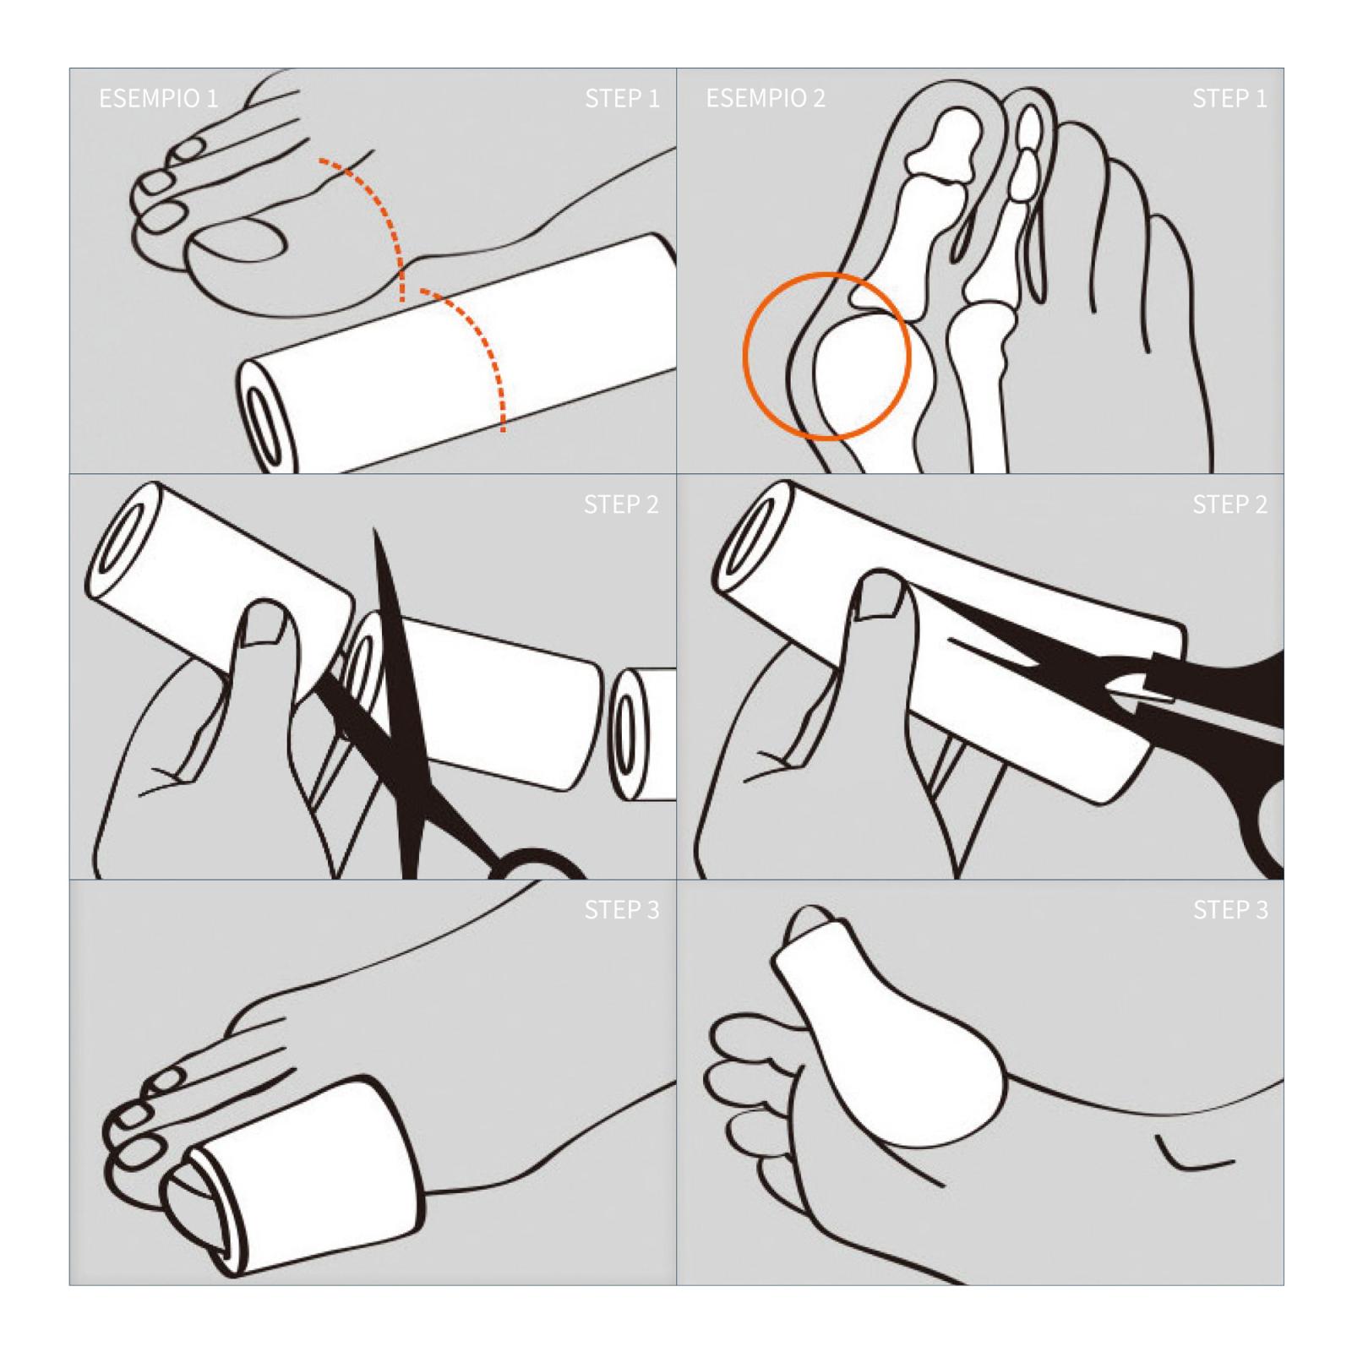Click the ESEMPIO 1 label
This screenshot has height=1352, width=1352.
[158, 98]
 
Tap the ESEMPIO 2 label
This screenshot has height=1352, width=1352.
[766, 98]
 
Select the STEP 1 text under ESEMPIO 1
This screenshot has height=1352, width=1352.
[622, 98]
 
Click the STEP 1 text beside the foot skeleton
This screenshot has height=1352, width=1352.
[1229, 98]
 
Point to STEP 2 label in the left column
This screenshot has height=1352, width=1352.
[621, 504]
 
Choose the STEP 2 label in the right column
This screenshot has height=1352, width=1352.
[1229, 504]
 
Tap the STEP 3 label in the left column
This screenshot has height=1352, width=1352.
[622, 910]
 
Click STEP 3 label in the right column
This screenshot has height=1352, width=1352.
[1230, 910]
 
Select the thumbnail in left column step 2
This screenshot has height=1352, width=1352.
[267, 624]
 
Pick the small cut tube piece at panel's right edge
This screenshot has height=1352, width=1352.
[642, 733]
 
